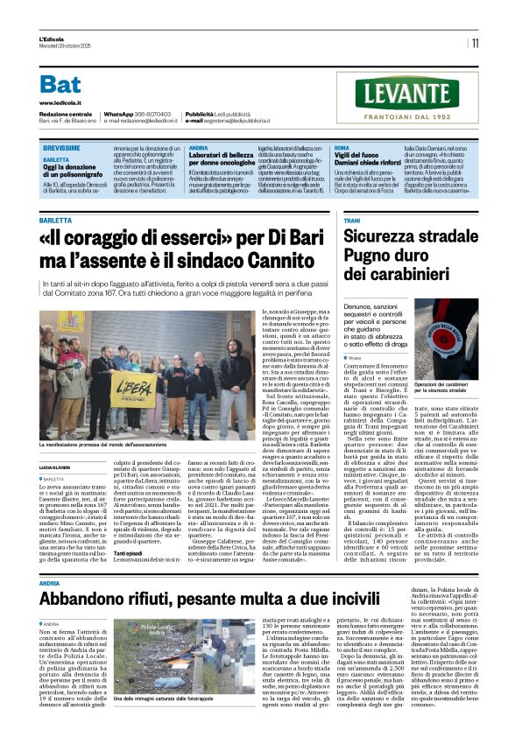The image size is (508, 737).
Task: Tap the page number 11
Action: (474, 43)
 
